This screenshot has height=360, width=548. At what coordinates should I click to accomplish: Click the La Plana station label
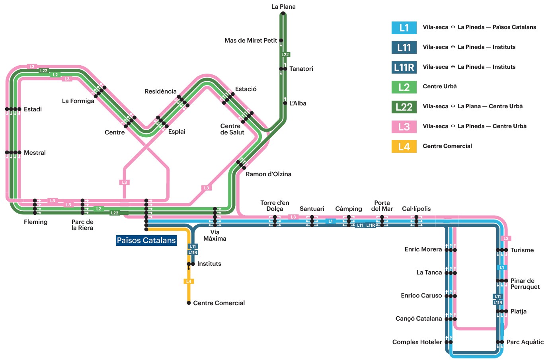283,7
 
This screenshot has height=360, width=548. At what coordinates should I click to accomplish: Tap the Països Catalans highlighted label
146,240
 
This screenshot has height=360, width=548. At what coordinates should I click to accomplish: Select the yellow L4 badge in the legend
404,146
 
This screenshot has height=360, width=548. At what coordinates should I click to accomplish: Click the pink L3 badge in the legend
404,126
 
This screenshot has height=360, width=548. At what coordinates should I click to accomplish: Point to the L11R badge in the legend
404,67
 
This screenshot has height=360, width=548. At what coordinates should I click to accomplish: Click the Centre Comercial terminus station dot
189,303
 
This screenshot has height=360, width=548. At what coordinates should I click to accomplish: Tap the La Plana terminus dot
283,14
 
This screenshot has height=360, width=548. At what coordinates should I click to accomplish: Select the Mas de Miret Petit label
251,40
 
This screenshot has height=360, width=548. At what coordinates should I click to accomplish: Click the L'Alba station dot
285,103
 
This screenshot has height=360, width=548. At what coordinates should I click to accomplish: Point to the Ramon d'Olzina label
268,174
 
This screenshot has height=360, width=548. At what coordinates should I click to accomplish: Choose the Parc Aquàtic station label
525,342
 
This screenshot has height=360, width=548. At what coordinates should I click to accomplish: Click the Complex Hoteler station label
417,342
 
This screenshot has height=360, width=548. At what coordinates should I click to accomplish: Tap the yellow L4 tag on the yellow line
189,281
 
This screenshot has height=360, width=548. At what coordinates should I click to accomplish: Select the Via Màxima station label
215,235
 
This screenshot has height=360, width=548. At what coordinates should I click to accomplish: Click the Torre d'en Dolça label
275,206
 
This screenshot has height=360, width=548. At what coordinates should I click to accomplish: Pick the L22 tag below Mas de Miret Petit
285,54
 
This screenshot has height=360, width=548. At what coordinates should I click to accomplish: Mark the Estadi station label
33,109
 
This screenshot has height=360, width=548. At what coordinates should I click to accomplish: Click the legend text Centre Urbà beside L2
440,86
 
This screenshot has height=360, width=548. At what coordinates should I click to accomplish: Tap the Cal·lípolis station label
416,208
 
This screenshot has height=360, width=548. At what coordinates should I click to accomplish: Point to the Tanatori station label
301,69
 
